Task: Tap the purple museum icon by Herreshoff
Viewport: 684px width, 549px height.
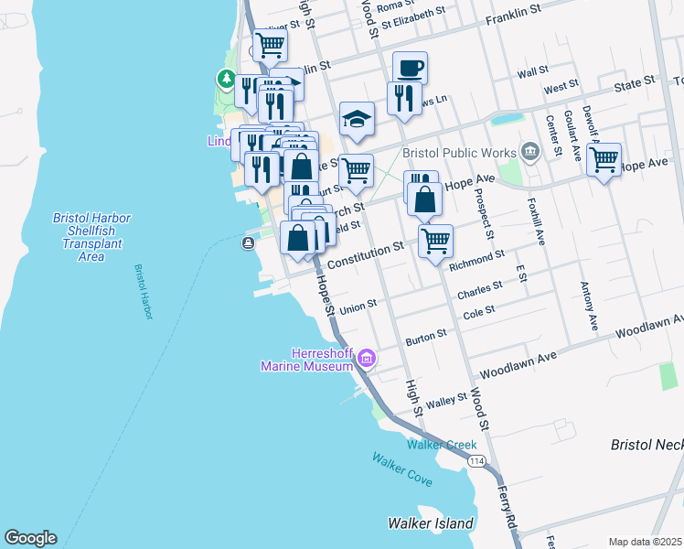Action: [367, 358]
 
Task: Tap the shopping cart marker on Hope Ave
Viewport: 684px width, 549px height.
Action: [604, 159]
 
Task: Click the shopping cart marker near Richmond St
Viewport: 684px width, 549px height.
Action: [435, 241]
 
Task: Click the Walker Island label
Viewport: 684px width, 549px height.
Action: [431, 524]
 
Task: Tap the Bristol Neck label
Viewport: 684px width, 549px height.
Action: [647, 445]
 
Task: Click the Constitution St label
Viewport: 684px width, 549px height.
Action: [365, 254]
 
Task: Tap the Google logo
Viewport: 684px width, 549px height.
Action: [30, 538]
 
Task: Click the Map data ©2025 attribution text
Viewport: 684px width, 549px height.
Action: [645, 542]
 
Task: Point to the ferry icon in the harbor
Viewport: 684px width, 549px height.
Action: [248, 242]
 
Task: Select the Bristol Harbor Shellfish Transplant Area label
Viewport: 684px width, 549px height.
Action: [91, 237]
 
